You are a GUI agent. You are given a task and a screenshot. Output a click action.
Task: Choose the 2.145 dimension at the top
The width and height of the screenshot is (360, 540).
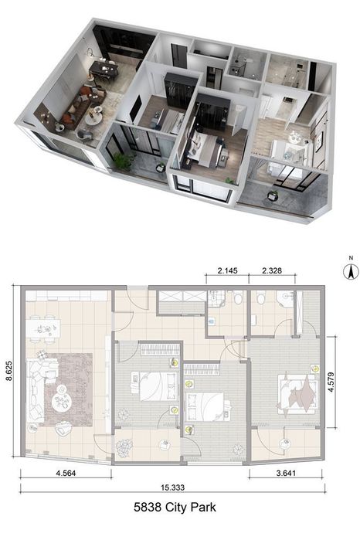(x=226, y=271)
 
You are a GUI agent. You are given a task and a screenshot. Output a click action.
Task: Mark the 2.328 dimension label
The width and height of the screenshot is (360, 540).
(x=274, y=271)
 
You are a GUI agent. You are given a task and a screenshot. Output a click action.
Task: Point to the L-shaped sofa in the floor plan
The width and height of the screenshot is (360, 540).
(x=34, y=390)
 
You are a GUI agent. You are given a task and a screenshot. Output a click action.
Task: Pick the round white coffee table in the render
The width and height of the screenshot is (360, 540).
(x=94, y=116)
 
